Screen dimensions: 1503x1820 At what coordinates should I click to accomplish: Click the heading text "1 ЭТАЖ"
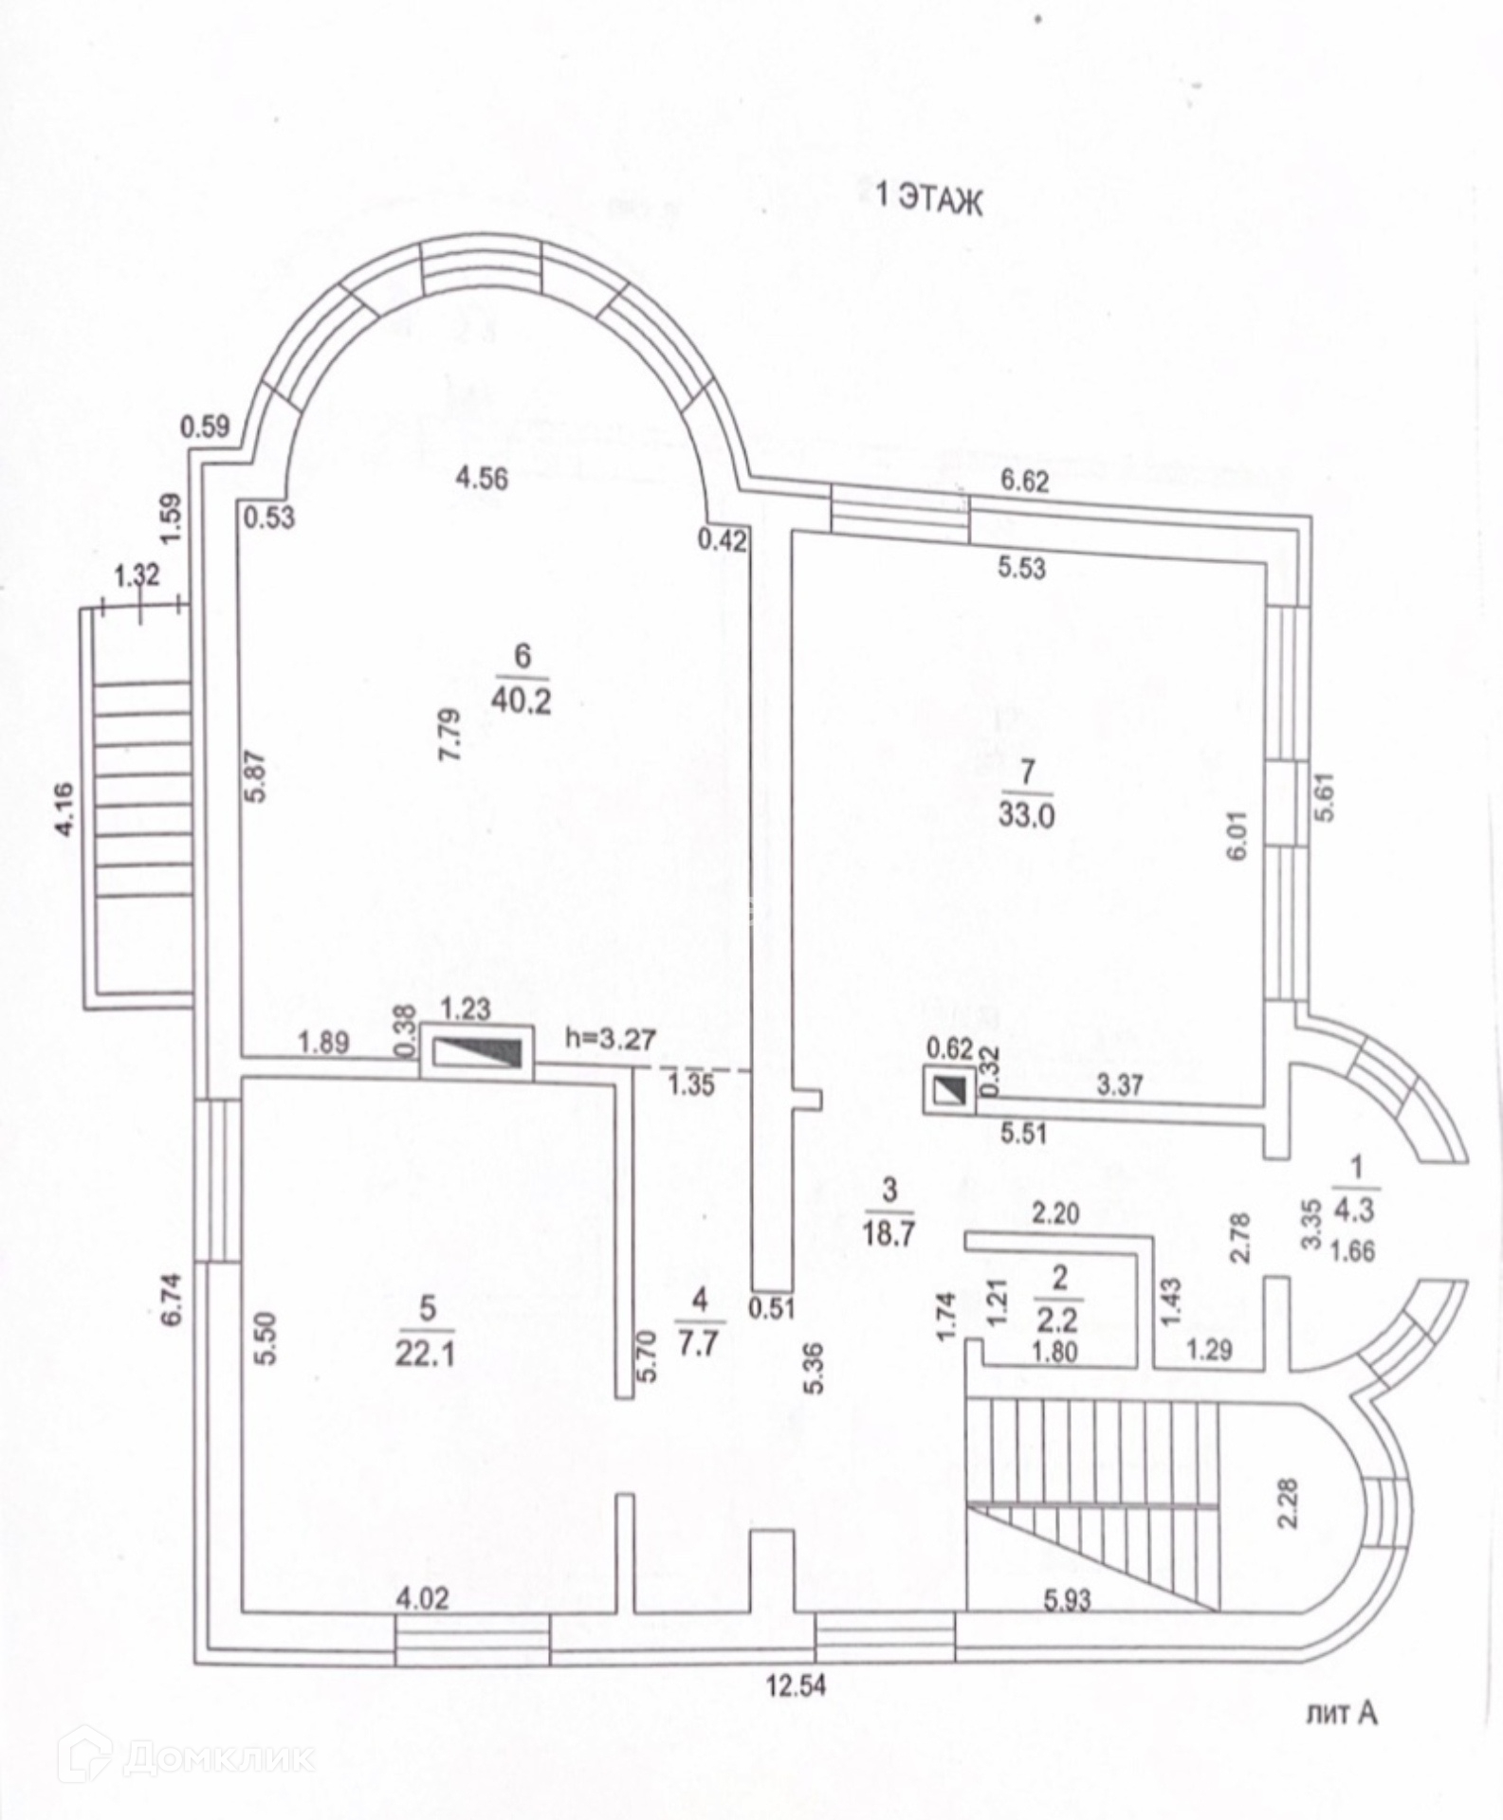pyautogui.click(x=928, y=199)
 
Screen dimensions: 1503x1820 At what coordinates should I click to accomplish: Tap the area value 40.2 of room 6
pyautogui.click(x=521, y=702)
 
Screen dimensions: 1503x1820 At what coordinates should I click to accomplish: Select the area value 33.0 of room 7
pyautogui.click(x=1026, y=814)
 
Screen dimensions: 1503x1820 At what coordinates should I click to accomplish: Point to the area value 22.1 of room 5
pyautogui.click(x=426, y=1353)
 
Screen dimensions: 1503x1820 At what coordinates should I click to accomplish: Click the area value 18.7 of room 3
pyautogui.click(x=888, y=1235)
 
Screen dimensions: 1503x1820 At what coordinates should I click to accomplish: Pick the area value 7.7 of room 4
pyautogui.click(x=699, y=1344)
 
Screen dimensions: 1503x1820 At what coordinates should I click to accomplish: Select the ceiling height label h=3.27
pyautogui.click(x=611, y=1039)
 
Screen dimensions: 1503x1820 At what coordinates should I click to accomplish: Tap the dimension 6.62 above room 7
pyautogui.click(x=1025, y=482)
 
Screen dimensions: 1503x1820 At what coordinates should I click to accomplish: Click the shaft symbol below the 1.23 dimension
pyautogui.click(x=476, y=1051)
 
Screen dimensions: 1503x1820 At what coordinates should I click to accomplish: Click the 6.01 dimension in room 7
pyautogui.click(x=1236, y=835)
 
